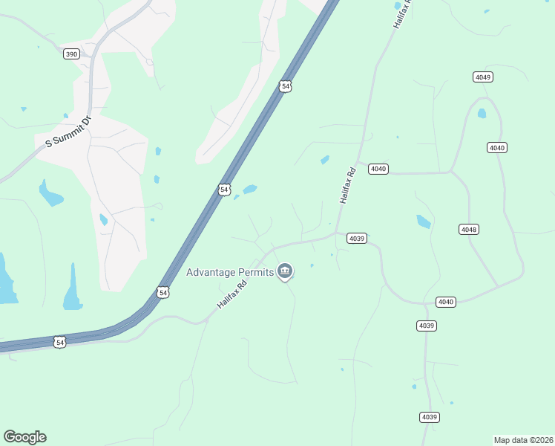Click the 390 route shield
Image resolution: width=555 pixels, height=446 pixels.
click(x=71, y=54)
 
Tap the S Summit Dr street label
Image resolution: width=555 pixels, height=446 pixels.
click(x=68, y=132)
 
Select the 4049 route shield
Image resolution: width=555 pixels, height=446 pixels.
click(x=483, y=77)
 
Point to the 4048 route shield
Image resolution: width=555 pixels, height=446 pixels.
click(x=468, y=229)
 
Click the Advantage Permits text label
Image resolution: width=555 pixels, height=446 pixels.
click(x=229, y=272)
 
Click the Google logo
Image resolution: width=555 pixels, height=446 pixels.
click(x=24, y=437)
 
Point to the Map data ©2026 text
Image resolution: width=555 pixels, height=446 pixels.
click(x=523, y=439)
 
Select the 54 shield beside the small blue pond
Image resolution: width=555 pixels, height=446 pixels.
click(x=224, y=190)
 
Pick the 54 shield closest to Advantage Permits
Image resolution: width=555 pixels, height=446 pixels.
click(x=163, y=293)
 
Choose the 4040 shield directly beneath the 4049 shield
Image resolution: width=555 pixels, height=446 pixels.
click(x=497, y=148)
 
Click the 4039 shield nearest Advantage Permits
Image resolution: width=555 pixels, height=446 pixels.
click(x=357, y=239)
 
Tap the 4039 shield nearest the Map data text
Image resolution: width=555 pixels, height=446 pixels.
click(x=429, y=417)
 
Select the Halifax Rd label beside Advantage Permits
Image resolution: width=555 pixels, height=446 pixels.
click(x=231, y=294)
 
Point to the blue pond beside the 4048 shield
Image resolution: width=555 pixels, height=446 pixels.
click(x=424, y=221)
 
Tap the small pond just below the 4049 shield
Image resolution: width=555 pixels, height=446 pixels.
click(x=482, y=114)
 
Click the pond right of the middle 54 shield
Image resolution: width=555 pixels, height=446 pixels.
click(x=250, y=189)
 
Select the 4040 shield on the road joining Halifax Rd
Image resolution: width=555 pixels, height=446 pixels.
click(x=378, y=169)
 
